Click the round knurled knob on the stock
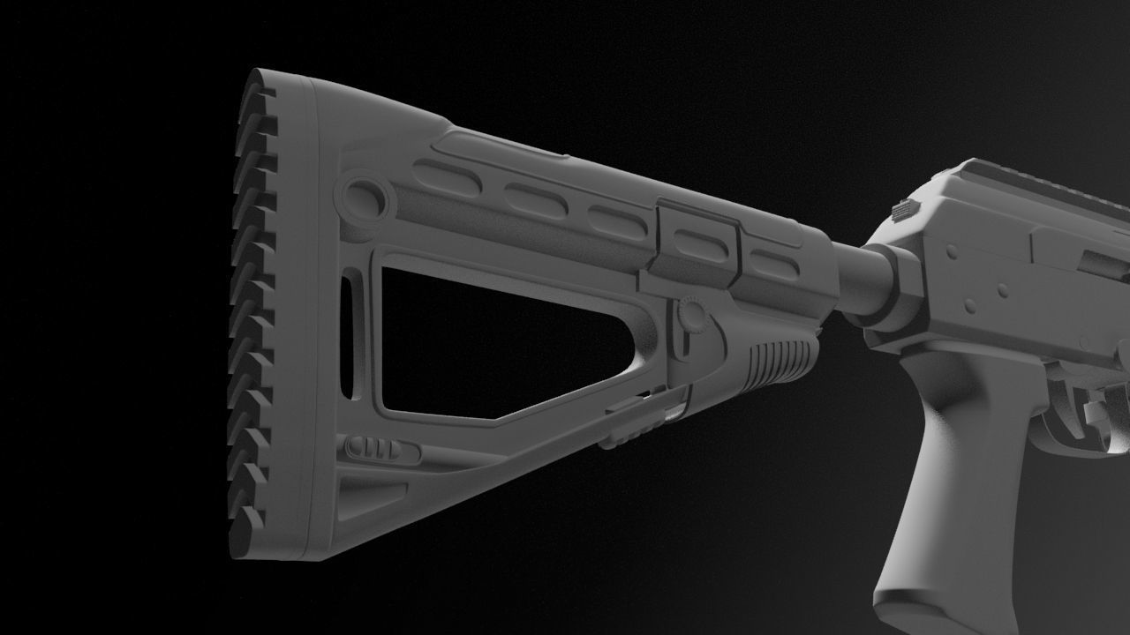pos(691,316)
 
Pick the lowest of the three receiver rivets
pos(970,306)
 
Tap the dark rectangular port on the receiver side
pos(1104,265)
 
